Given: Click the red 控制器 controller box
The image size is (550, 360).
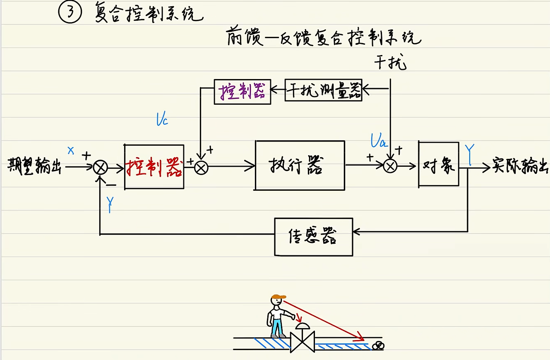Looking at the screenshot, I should point(154,167).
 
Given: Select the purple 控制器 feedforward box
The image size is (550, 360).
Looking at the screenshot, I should point(242,91).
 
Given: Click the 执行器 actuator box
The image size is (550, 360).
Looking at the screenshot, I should point(300,166).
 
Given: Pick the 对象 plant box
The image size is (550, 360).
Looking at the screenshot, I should point(438,164).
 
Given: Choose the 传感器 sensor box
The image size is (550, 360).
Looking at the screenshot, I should point(313,237).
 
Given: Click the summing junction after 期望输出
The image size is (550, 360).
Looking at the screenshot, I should point(100,168).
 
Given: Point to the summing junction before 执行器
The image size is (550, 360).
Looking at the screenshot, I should point(201,167).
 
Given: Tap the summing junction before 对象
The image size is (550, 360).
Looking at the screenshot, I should point(390,166).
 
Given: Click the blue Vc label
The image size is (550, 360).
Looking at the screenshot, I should point(162,120).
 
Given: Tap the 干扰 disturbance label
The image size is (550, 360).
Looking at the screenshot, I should point(391,63).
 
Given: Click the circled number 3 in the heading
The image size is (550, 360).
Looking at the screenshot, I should point(71,13).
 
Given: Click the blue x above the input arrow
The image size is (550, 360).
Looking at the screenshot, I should point(71,150).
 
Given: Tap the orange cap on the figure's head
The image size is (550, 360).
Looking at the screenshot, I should point(279,296).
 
